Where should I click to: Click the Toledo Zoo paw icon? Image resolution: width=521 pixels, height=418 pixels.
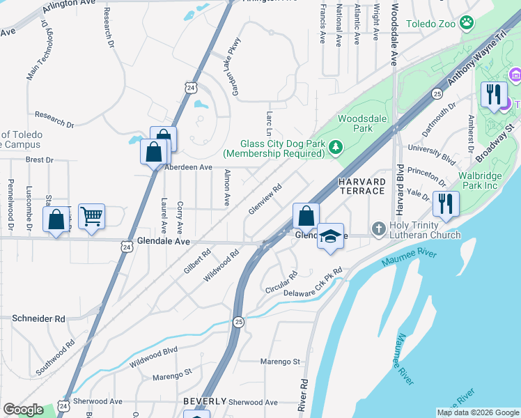click(x=466, y=24)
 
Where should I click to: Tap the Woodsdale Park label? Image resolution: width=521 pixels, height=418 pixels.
click(x=356, y=123)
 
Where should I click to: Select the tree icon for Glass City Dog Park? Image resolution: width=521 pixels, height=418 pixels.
click(x=336, y=146)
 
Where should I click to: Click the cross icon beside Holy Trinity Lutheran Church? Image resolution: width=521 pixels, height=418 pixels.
click(x=378, y=228)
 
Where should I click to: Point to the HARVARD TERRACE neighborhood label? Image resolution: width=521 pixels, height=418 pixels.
click(x=361, y=186)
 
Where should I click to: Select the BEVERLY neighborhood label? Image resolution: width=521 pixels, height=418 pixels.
click(x=205, y=402)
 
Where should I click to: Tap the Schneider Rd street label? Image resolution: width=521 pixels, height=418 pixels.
click(x=38, y=318)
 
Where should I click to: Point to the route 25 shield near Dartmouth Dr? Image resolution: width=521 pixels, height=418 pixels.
click(x=437, y=93)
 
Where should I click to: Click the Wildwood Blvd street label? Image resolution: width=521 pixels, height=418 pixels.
click(x=153, y=356)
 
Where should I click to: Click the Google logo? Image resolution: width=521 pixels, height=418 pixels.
click(x=23, y=410)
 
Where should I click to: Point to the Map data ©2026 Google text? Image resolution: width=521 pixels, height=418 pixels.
click(x=477, y=412)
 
